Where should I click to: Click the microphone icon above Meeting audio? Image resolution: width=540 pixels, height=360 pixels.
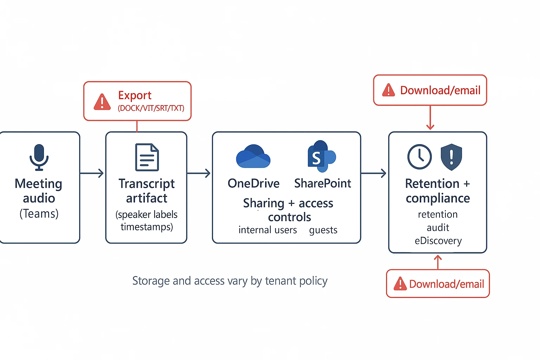tap(39, 157)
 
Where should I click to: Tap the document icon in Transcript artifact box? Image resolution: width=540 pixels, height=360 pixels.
tap(147, 157)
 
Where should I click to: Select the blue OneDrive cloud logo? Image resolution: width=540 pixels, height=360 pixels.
tap(253, 156)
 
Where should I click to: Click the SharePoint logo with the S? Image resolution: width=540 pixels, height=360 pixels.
tap(321, 156)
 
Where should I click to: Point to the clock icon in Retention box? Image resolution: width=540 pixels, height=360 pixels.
tap(419, 157)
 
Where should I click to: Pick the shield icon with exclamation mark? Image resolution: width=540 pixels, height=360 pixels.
tap(451, 157)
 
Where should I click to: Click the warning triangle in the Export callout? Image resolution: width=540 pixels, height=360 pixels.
tap(102, 102)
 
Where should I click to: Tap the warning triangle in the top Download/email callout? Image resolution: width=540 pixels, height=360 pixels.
tap(388, 90)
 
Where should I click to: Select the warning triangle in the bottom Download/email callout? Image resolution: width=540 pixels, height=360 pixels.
tap(400, 284)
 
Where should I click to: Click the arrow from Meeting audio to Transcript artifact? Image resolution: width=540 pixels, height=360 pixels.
tap(92, 173)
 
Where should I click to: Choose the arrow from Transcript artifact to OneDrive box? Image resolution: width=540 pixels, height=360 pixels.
tap(199, 173)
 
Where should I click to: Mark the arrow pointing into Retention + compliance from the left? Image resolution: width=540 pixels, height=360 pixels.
tap(374, 173)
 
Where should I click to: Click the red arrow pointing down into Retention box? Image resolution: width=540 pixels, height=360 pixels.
tap(430, 118)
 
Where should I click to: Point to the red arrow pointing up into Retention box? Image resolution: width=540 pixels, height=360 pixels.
tap(438, 262)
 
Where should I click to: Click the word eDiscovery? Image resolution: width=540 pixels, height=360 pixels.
tap(438, 241)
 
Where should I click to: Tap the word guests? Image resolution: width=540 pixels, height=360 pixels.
tap(323, 230)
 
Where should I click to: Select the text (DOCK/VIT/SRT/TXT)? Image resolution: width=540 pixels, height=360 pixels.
tap(151, 108)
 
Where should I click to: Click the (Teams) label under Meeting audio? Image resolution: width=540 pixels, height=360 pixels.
tap(39, 213)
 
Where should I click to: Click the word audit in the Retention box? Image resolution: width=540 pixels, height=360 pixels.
tap(438, 228)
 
